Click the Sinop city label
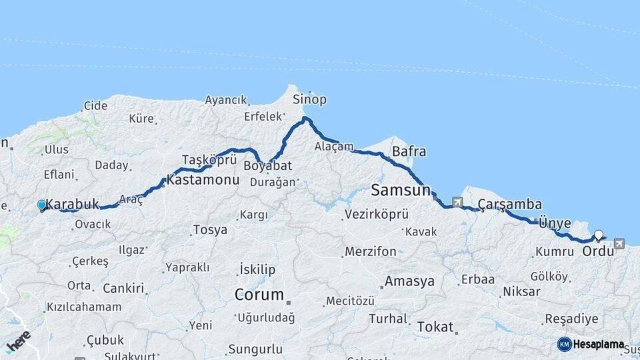pos(310,100)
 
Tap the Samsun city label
pos(401,190)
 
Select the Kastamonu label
pos(203,180)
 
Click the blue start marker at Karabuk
pos(42,205)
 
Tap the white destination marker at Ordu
pos(599,235)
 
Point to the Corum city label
pos(259,294)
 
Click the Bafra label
pos(409,151)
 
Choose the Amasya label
pos(409,281)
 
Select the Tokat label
pos(435,327)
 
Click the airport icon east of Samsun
pos(457,201)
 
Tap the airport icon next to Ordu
pos(620,244)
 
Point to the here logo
pos(18,341)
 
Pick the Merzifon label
pos(370,252)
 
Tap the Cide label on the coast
pos(95,105)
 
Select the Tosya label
pos(210,230)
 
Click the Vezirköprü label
pos(373,215)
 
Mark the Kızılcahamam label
pos(83,307)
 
